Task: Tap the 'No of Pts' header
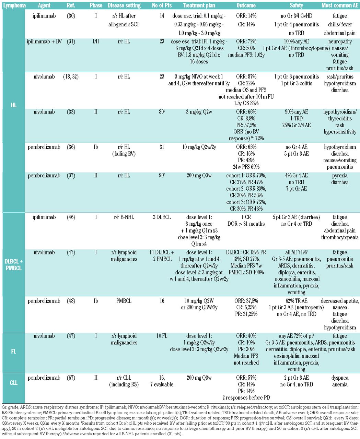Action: (x=162, y=5)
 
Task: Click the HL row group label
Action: (x=14, y=105)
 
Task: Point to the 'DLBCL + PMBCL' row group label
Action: (x=14, y=264)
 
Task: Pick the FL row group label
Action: (x=14, y=352)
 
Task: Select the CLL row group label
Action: (x=14, y=382)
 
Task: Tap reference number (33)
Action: (x=71, y=112)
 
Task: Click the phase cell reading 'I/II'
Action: (x=96, y=42)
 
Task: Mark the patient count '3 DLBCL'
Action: (x=162, y=217)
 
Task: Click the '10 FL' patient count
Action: (x=162, y=336)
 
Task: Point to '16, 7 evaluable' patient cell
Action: (x=162, y=381)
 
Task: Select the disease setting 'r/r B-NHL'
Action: (x=124, y=217)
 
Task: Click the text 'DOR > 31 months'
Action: (x=246, y=224)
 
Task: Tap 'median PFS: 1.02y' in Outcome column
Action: (x=246, y=55)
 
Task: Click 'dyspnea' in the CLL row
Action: (x=340, y=378)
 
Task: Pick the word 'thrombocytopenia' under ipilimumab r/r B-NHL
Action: (x=340, y=237)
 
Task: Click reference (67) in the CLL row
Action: (x=71, y=378)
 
